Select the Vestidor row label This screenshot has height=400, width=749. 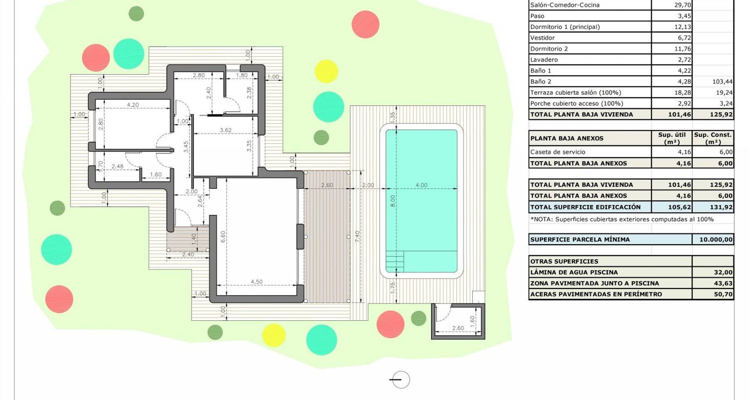click(542, 38)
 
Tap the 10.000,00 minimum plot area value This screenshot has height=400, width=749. click(716, 239)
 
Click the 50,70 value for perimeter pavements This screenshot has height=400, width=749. click(723, 294)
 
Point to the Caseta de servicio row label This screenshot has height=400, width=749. click(557, 152)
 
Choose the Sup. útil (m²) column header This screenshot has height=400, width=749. click(672, 138)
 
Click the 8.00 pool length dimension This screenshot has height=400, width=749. click(393, 201)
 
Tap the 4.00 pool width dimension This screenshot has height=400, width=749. click(421, 185)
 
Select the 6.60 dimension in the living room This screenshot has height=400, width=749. click(223, 237)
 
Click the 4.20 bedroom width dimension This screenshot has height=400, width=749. click(133, 105)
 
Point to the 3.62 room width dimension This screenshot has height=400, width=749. click(225, 130)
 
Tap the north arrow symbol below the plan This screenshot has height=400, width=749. click(400, 379)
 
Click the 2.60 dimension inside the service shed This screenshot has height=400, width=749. click(458, 328)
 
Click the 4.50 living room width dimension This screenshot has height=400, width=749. click(256, 282)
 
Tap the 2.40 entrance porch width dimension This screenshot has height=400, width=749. click(188, 254)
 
